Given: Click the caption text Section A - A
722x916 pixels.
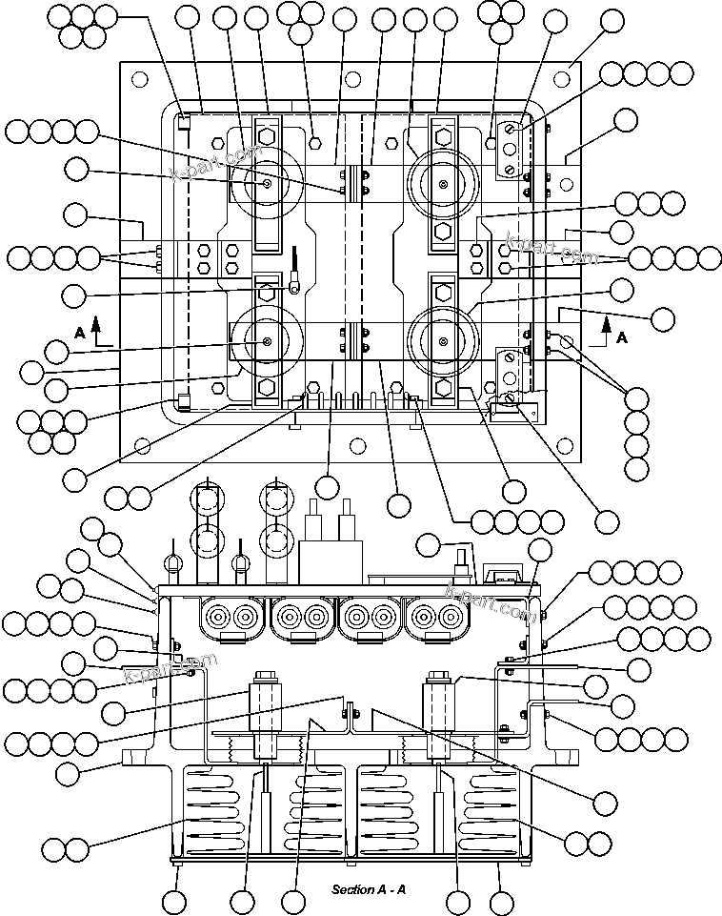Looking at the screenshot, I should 369,889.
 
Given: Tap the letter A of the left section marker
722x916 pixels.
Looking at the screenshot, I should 80,332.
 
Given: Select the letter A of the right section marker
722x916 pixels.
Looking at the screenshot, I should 621,337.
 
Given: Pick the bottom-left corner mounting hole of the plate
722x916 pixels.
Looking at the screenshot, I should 143,444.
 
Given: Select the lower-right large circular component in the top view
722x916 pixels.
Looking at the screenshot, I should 442,341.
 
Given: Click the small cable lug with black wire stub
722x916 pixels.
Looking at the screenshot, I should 297,277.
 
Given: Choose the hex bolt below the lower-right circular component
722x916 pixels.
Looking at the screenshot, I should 443,389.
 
